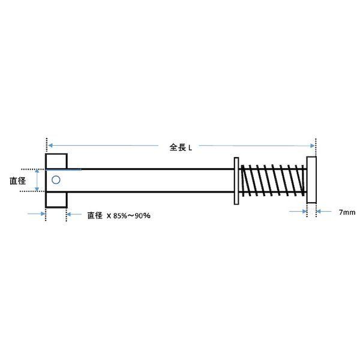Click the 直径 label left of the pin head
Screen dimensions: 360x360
[x=17, y=179]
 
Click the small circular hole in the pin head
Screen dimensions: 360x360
[x=56, y=179]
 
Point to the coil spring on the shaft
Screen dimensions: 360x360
[x=272, y=180]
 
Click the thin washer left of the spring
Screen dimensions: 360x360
[x=235, y=181]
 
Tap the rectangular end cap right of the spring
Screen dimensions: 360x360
[x=311, y=180]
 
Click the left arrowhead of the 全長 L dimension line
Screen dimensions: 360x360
[x=51, y=145]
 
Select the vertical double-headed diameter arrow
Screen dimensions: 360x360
[x=38, y=180]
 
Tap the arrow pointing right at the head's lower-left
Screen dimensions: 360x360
[x=38, y=212]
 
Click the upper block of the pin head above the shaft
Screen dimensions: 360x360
[x=56, y=161]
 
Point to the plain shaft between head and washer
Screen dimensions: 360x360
[x=150, y=180]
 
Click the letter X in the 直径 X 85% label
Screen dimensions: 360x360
[x=110, y=215]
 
